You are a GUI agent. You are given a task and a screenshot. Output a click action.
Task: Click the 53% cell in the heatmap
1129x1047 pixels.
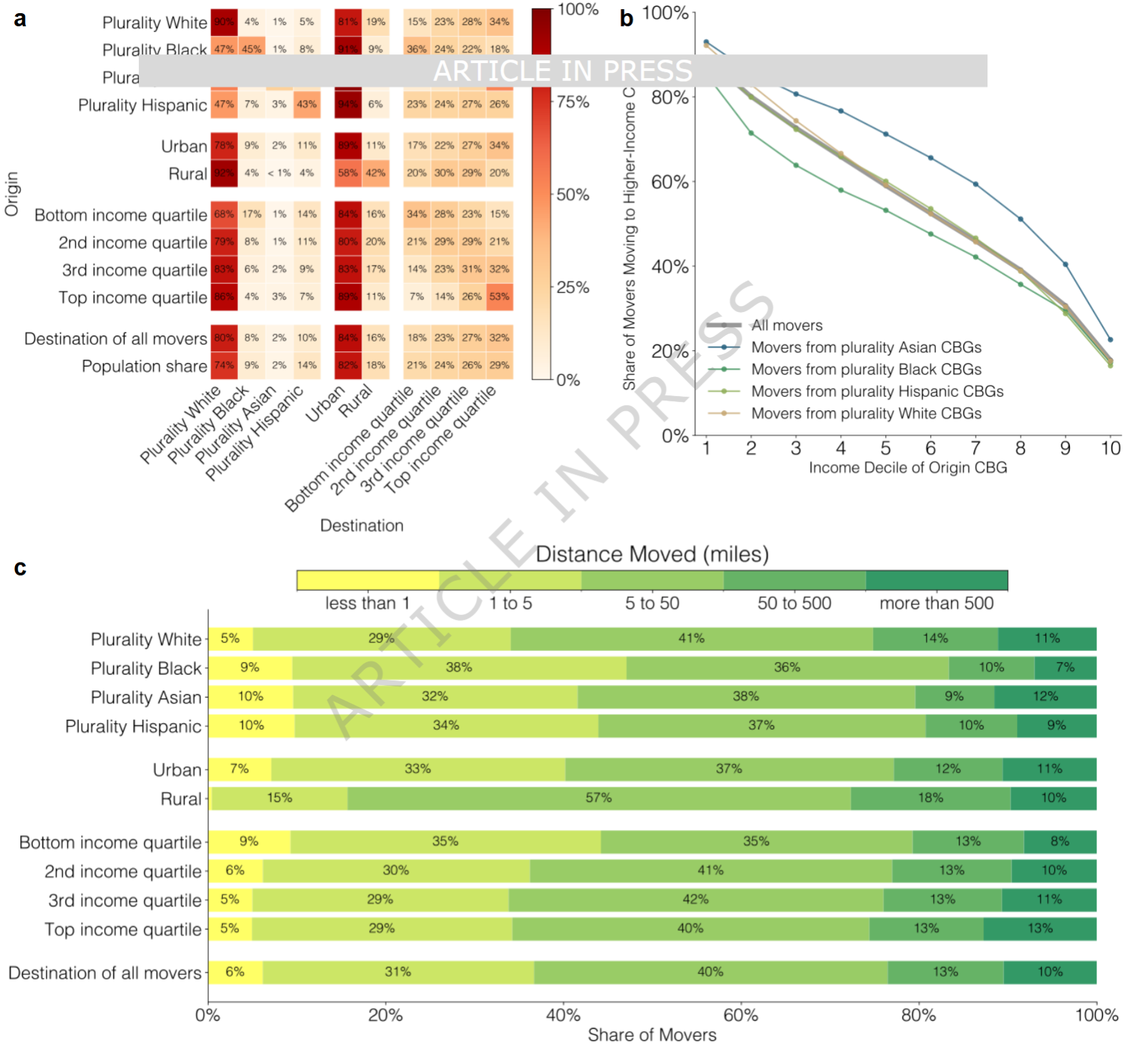[x=499, y=296]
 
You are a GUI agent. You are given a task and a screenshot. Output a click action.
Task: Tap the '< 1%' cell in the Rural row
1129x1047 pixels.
[x=279, y=173]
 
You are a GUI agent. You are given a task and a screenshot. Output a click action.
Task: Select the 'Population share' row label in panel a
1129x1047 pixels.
[x=144, y=366]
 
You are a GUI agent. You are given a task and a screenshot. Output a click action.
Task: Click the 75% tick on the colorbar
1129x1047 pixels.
[x=573, y=102]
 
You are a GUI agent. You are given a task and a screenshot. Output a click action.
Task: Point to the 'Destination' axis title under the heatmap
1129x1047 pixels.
[x=362, y=525]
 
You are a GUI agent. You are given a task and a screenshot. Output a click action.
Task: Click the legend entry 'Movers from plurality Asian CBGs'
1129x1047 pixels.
[x=866, y=347]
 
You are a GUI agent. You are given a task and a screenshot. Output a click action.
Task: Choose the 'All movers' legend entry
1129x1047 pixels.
[x=786, y=325]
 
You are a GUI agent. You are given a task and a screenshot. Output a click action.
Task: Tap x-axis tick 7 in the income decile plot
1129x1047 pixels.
[x=976, y=448]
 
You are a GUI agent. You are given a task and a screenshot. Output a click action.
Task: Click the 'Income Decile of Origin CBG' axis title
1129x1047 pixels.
[x=908, y=467]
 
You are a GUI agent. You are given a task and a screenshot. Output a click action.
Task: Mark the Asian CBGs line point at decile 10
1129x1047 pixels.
[x=1110, y=340]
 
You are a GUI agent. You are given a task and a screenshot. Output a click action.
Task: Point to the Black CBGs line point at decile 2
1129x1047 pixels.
[x=751, y=133]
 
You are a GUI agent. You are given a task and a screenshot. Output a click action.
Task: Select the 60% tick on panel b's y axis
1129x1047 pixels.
[x=670, y=182]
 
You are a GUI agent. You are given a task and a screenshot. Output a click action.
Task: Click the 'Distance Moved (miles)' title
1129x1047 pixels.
[x=652, y=554]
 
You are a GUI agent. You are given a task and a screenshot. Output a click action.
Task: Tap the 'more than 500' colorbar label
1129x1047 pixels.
[x=936, y=603]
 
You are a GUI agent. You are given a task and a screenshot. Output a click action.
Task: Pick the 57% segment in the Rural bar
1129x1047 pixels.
[x=598, y=798]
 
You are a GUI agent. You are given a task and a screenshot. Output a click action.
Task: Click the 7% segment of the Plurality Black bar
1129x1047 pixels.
[x=1065, y=667]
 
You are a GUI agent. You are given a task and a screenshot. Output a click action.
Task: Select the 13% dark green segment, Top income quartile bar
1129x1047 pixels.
[x=1040, y=928]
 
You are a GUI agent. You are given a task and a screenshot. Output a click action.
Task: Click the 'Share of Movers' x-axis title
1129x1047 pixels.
[x=652, y=1035]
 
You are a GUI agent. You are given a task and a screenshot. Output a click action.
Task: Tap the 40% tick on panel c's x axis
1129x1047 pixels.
[x=563, y=1016]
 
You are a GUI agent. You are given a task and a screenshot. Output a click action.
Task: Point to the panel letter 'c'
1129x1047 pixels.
[x=20, y=567]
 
